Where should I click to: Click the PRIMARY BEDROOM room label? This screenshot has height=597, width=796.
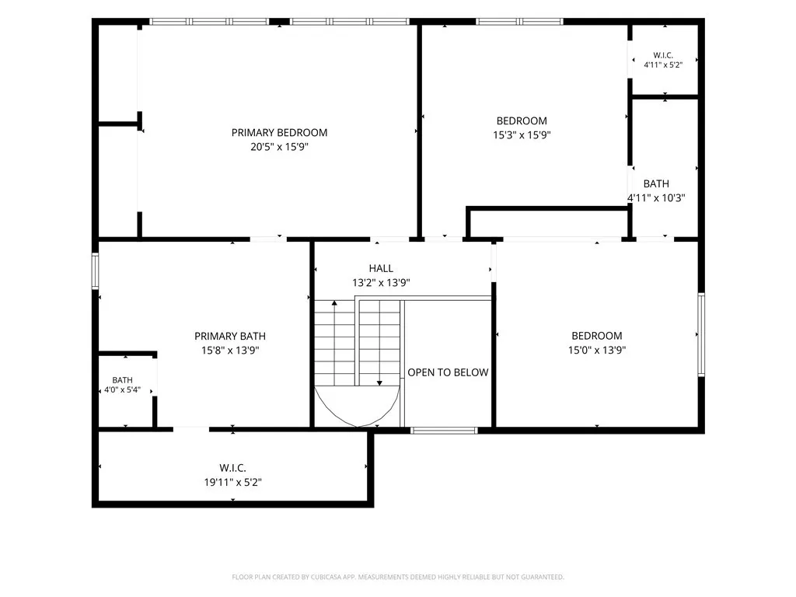279,132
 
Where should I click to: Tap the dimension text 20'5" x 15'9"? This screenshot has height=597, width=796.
279,147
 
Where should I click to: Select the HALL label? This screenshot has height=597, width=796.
381,268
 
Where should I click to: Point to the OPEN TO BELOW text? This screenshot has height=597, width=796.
448,372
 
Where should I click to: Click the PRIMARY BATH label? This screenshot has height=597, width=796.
230,336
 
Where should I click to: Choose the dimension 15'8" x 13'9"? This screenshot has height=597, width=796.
230,351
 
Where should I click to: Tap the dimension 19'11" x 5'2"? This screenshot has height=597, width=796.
232,482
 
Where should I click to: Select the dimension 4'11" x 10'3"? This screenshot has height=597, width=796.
656,198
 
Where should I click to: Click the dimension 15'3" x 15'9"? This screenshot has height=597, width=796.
522,135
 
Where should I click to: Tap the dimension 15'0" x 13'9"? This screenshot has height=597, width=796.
596,351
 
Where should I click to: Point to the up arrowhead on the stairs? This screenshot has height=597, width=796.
334,304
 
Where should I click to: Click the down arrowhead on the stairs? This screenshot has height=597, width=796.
379,382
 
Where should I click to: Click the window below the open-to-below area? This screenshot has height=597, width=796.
444,431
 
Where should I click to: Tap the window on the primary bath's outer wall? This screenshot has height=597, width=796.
95,271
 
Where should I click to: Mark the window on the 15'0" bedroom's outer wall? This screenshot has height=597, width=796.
701,334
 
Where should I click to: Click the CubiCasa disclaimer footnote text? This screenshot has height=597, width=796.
398,578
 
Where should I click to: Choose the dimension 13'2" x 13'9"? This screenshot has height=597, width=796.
381,283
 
